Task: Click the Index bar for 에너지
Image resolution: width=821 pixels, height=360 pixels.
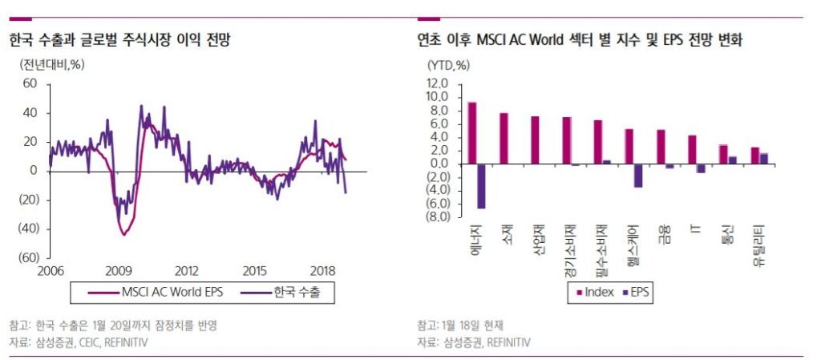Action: pyautogui.click(x=472, y=133)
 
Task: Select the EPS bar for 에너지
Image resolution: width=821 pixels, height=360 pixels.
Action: pyautogui.click(x=481, y=186)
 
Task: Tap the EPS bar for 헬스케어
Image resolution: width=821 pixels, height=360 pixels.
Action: pyautogui.click(x=638, y=176)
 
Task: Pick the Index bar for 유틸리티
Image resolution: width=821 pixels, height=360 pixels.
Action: pyautogui.click(x=755, y=156)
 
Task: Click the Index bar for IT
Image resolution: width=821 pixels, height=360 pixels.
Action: pyautogui.click(x=692, y=149)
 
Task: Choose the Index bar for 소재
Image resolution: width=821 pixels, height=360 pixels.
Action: pyautogui.click(x=504, y=138)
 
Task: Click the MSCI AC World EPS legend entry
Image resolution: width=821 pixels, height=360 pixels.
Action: pyautogui.click(x=161, y=293)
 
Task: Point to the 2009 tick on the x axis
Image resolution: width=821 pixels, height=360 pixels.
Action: pyautogui.click(x=119, y=271)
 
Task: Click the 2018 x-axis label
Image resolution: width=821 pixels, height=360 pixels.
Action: pyautogui.click(x=322, y=271)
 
